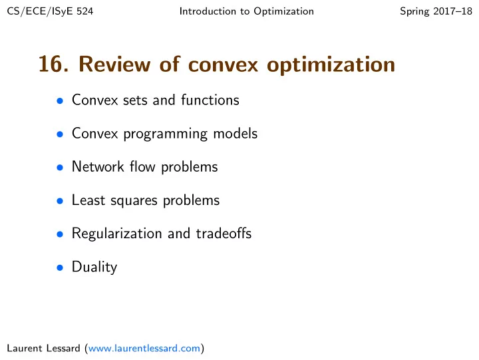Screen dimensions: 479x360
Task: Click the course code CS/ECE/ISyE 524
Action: [x=50, y=11]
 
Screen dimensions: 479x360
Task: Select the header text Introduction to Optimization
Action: [x=247, y=11]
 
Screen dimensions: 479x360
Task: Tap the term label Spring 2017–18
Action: [x=436, y=11]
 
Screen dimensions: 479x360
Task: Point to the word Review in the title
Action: [x=114, y=64]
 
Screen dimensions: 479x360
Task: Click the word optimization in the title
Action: [x=331, y=65]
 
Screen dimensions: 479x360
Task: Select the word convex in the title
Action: [x=224, y=66]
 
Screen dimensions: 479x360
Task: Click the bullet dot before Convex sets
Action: [x=60, y=100]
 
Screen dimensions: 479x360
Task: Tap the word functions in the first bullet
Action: [x=210, y=100]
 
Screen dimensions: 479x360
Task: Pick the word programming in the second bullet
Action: [x=165, y=134]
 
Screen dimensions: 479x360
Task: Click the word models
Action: [x=236, y=134]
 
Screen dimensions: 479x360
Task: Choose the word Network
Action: [x=98, y=167]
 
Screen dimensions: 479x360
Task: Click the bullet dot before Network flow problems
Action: [x=60, y=168]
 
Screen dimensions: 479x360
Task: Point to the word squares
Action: [x=134, y=202]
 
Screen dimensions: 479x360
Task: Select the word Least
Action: [x=88, y=200]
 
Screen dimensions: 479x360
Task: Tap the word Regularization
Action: [x=116, y=234]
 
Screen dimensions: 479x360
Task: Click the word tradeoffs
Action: [x=224, y=234]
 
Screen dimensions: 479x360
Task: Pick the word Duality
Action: [x=94, y=268]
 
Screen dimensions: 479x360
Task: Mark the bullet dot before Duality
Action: [x=60, y=268]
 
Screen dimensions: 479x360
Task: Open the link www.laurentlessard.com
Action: [x=144, y=349]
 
